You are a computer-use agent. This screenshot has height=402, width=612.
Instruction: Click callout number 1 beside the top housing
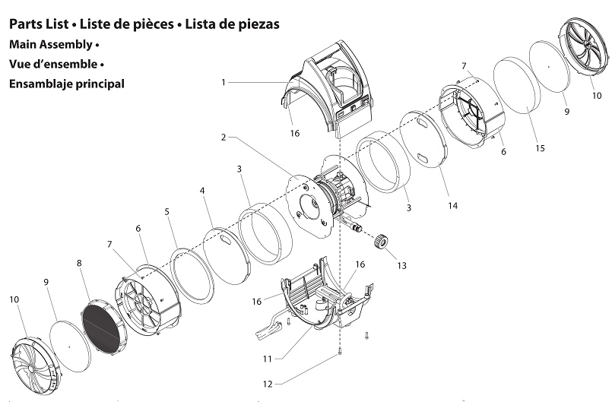pyautogui.click(x=224, y=81)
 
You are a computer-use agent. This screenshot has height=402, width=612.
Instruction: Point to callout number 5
pyautogui.click(x=166, y=212)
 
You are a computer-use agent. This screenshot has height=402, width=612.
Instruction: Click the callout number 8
pyautogui.click(x=78, y=263)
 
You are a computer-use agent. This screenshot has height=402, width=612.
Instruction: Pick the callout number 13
pyautogui.click(x=401, y=265)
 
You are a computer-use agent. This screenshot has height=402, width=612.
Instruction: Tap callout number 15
pyautogui.click(x=539, y=148)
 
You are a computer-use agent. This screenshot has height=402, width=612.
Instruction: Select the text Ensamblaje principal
pyautogui.click(x=66, y=84)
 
